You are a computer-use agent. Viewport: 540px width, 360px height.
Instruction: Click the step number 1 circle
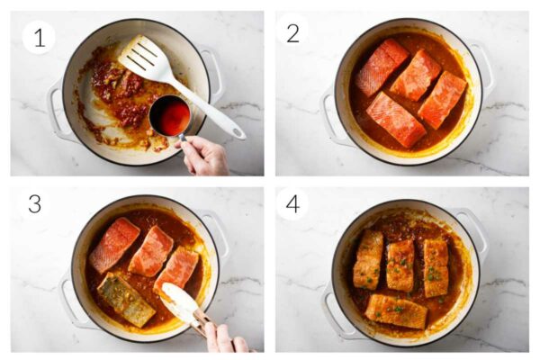tap(39, 37)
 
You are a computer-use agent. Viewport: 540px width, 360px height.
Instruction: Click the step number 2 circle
tap(292, 31)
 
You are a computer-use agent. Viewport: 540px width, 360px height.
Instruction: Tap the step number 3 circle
tap(34, 203)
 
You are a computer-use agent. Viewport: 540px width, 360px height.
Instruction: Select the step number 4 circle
tap(292, 203)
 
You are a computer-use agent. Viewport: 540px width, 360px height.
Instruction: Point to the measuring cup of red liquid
tap(170, 115)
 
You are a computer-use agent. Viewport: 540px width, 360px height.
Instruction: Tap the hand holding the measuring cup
tap(205, 155)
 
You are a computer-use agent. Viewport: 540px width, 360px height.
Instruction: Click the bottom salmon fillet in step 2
tap(396, 119)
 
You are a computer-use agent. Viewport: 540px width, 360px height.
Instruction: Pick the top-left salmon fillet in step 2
tap(380, 66)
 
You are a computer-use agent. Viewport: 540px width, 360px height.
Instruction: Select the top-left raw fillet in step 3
tap(113, 244)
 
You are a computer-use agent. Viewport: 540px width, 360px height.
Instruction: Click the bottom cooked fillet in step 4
tap(395, 310)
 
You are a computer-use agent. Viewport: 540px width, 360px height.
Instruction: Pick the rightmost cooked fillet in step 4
tap(436, 267)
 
